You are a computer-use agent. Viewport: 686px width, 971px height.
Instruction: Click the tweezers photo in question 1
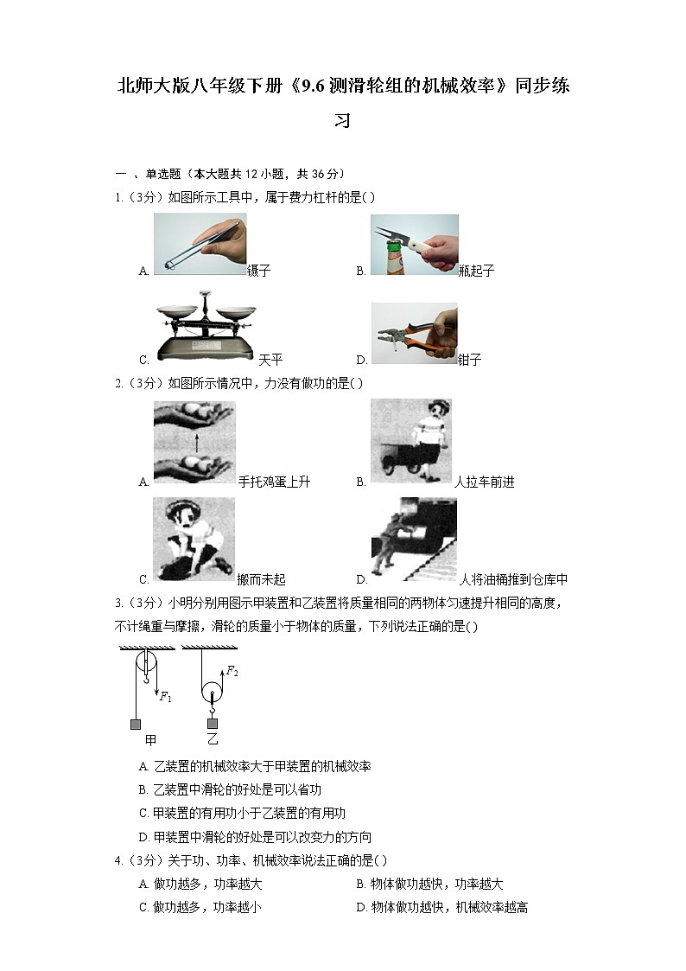200,245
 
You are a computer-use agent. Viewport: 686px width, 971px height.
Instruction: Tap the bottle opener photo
414,245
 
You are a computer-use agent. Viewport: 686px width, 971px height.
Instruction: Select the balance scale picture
204,333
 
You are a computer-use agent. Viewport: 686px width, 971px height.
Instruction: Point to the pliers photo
414,333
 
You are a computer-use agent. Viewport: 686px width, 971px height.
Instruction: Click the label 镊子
259,271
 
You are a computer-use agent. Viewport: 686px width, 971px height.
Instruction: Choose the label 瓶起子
477,271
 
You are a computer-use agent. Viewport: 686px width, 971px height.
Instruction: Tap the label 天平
270,360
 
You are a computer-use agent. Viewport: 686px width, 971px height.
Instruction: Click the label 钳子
470,360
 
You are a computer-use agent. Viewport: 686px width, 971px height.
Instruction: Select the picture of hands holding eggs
194,442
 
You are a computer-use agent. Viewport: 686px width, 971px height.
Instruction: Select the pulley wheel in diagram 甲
147,666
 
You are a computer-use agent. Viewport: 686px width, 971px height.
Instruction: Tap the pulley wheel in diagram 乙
211,693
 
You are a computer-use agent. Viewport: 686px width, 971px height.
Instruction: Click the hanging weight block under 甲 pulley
136,724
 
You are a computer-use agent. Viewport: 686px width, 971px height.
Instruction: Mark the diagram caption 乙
213,739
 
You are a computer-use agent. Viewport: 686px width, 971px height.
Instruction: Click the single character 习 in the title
342,120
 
